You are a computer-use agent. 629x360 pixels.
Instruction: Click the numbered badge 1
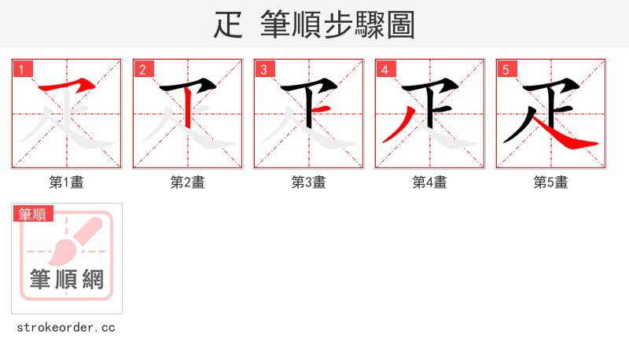click(21, 69)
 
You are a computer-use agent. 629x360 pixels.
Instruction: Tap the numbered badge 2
click(142, 69)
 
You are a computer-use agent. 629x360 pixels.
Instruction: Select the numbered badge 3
click(263, 69)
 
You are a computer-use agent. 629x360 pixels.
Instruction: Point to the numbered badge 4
click(384, 69)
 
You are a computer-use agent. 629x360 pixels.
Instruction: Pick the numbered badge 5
click(506, 69)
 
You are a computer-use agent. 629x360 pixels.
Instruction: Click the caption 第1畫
click(67, 182)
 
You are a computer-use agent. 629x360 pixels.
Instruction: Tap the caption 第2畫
click(188, 182)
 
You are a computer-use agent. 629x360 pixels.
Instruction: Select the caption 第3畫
click(309, 182)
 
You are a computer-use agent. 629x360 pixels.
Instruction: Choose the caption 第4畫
click(430, 182)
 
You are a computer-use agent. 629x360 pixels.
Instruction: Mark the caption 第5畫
click(551, 182)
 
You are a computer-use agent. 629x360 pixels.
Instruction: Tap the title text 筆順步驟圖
click(337, 25)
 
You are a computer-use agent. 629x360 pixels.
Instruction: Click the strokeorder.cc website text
click(66, 327)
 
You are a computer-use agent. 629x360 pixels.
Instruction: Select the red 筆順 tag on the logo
click(32, 214)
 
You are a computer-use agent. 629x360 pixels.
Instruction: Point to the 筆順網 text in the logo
click(67, 279)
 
